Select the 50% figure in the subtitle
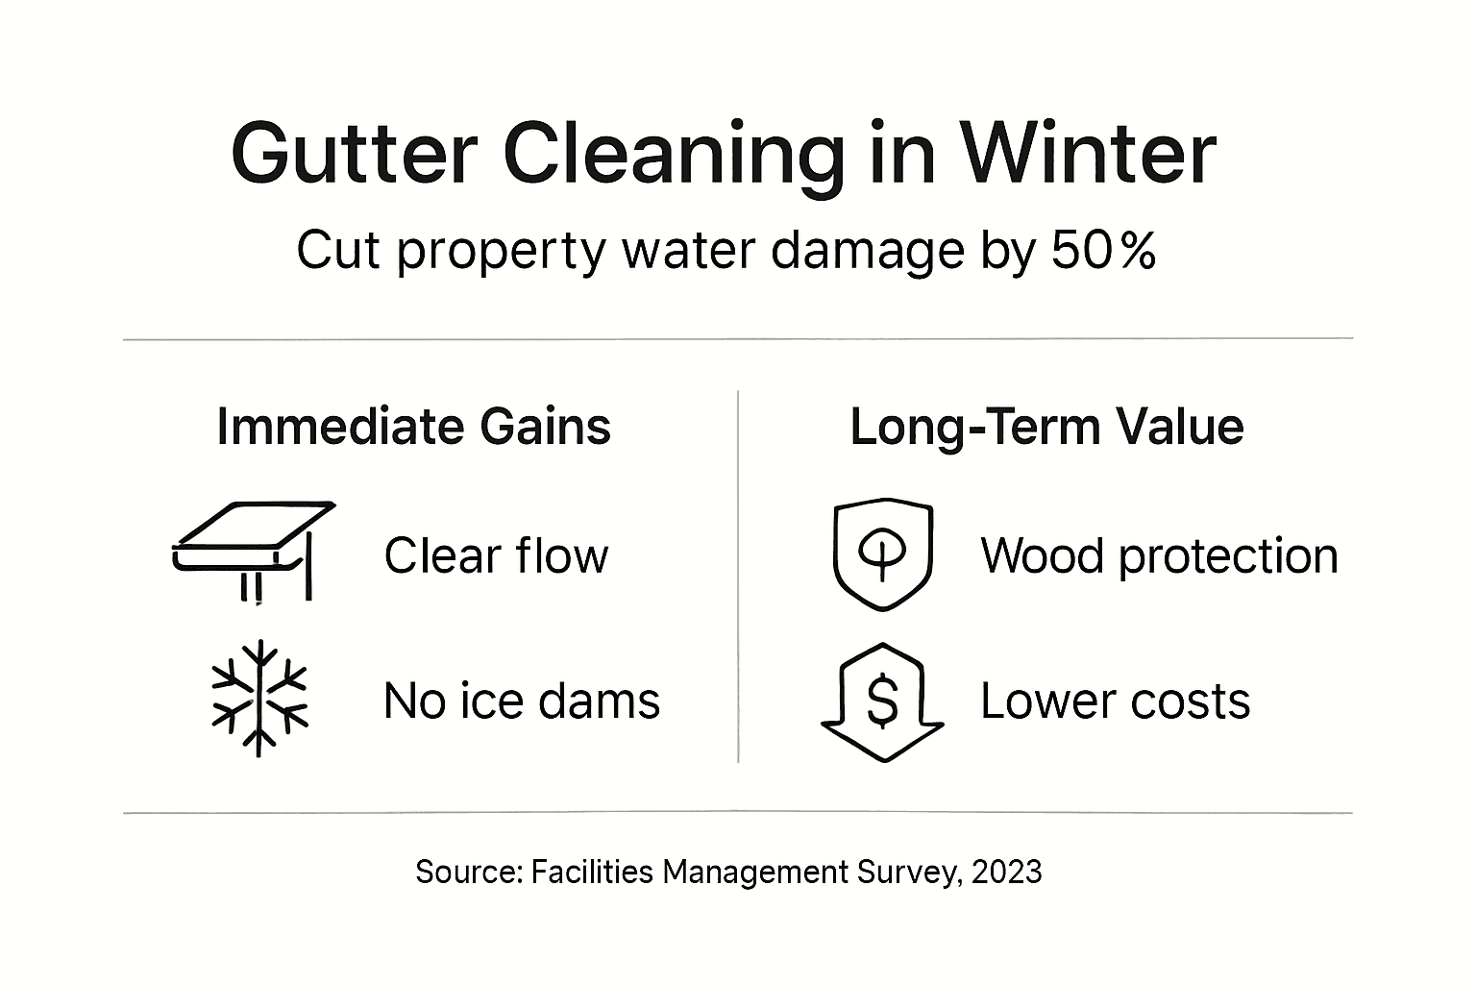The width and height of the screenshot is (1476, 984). click(1103, 252)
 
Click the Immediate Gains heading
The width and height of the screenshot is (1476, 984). click(413, 427)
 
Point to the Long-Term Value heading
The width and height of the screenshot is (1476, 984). click(1046, 427)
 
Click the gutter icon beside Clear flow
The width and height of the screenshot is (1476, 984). click(253, 550)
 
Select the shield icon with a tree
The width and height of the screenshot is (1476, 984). click(882, 553)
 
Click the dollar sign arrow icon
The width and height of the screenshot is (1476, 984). click(882, 701)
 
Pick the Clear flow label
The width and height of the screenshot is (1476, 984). click(496, 555)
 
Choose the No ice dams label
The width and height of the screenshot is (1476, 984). click(521, 701)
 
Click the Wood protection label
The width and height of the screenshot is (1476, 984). click(1159, 555)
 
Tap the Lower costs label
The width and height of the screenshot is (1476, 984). click(1115, 701)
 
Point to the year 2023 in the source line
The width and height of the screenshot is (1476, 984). click(1006, 872)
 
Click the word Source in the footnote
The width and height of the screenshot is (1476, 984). click(467, 872)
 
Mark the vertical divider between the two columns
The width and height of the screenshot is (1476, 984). click(738, 577)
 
